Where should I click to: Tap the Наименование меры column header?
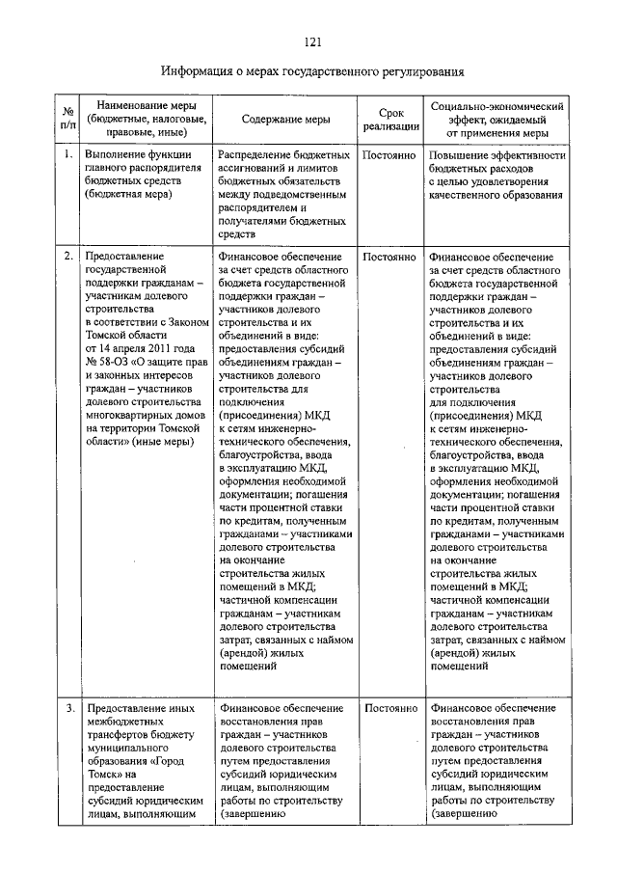coord(147,118)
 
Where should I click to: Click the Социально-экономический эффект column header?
coord(496,118)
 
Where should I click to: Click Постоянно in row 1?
coord(390,154)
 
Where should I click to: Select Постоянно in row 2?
coord(390,258)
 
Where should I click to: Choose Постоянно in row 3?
coord(390,708)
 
